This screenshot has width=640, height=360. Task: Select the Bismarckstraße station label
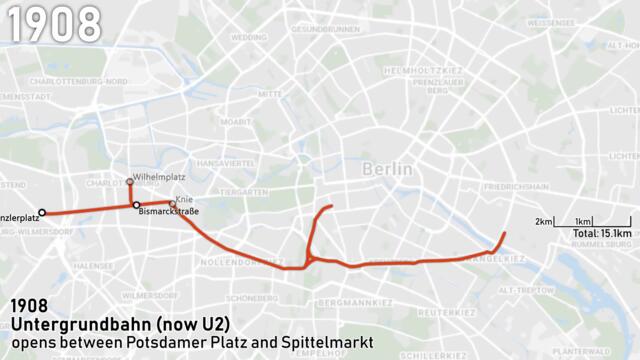coord(169,212)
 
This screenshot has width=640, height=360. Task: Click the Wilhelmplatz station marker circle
coord(129,181)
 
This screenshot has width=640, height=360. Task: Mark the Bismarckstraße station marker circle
coord(136,205)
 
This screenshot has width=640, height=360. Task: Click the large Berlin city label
coord(386,169)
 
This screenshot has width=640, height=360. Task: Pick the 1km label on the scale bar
coord(584,220)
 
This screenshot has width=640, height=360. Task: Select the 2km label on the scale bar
coord(544,220)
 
